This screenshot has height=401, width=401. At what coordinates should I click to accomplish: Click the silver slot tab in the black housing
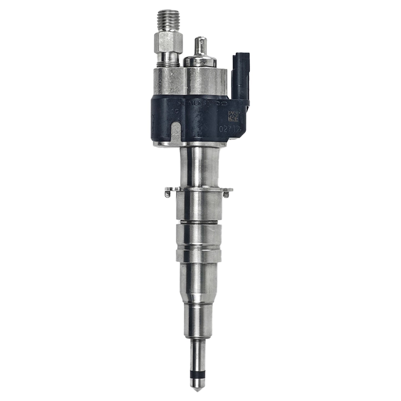tap(176, 132)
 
